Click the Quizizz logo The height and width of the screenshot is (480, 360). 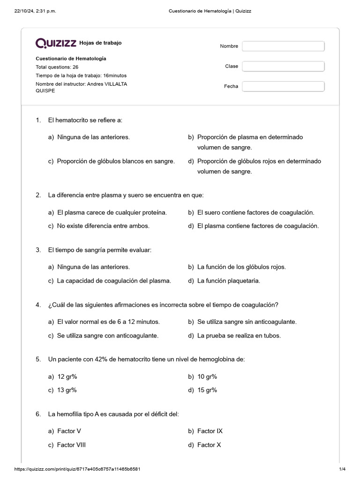pos(56,43)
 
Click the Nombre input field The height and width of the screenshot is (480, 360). pos(283,46)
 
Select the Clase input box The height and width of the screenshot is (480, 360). pos(283,67)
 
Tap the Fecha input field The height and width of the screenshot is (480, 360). pos(283,87)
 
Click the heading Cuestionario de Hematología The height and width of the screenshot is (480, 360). pos(71,59)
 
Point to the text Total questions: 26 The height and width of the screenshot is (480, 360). pos(57,67)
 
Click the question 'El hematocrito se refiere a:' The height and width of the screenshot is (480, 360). pos(85,120)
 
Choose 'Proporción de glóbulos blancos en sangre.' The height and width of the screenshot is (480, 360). pos(115,161)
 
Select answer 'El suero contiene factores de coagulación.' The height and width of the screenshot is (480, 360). pos(255,212)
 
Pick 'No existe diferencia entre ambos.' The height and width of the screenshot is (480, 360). pos(103,226)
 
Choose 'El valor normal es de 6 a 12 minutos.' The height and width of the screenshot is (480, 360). pos(108,322)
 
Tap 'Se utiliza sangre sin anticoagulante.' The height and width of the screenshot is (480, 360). pos(247,322)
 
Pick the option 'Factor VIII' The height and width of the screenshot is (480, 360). pos(71,445)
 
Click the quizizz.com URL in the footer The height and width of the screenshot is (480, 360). pos(78,469)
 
